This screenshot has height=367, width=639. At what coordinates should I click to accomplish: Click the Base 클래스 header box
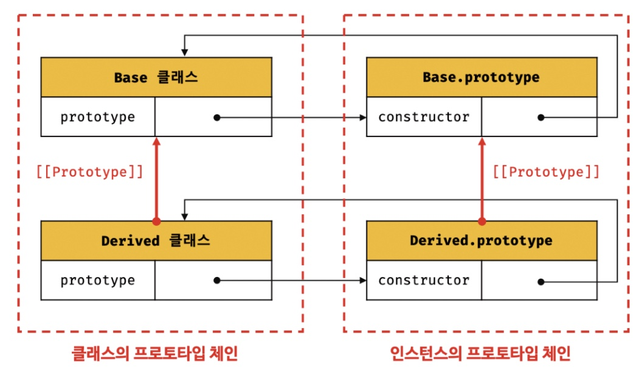pos(156,77)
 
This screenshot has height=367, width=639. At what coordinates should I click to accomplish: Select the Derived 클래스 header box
pos(156,240)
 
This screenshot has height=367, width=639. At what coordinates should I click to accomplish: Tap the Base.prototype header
pos(482,77)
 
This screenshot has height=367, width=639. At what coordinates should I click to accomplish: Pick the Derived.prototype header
pos(482,240)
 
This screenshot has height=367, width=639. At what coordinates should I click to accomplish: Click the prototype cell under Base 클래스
pos(98,117)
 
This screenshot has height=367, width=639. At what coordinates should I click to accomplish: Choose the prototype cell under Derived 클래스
pos(98,281)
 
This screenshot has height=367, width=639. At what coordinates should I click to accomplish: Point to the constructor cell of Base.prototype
pos(424,117)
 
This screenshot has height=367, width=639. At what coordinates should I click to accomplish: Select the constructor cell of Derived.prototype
pos(424,281)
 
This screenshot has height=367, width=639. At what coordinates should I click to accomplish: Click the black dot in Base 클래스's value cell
pos(216,117)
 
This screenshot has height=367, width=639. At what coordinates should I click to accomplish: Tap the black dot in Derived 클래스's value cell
pos(216,281)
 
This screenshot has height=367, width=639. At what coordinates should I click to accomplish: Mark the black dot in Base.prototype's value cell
pos(541,117)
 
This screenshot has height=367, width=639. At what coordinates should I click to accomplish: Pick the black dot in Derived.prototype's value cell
pos(541,281)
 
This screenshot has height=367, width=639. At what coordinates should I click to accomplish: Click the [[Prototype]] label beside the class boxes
pos(90,172)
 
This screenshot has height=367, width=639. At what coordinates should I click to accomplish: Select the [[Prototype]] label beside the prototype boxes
pos(546,172)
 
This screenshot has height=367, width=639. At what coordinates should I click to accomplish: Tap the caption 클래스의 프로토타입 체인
pos(154,352)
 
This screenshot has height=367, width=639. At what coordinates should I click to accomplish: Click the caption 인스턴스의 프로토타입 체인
pos(480,352)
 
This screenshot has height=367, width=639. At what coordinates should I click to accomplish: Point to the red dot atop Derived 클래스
pos(156,221)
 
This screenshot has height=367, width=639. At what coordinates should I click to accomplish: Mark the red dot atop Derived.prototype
pos(482,221)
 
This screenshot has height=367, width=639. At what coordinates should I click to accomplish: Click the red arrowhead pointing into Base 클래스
pos(156,142)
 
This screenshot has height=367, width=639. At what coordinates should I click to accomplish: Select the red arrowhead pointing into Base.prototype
pos(482,142)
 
